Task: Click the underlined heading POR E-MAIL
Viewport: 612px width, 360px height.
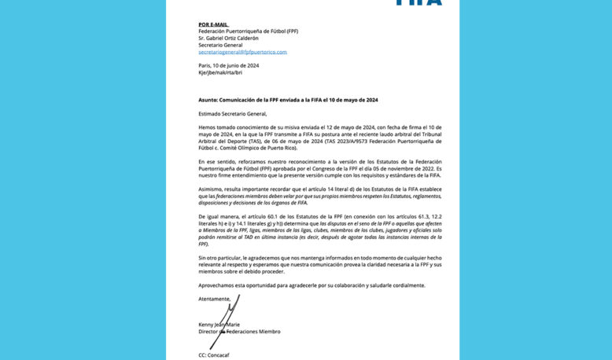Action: pos(212,24)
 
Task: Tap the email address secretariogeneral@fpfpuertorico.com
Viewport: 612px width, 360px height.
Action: pos(242,52)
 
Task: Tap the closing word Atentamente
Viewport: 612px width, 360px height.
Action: pos(214,299)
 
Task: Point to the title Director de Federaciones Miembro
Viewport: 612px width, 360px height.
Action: pos(239,332)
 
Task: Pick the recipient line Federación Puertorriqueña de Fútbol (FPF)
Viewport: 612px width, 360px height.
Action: pos(248,31)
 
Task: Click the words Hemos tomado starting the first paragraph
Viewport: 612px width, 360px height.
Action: pos(217,127)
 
